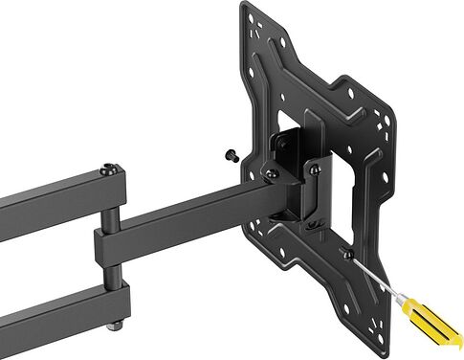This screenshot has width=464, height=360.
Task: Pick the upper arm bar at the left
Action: coord(48,196)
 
